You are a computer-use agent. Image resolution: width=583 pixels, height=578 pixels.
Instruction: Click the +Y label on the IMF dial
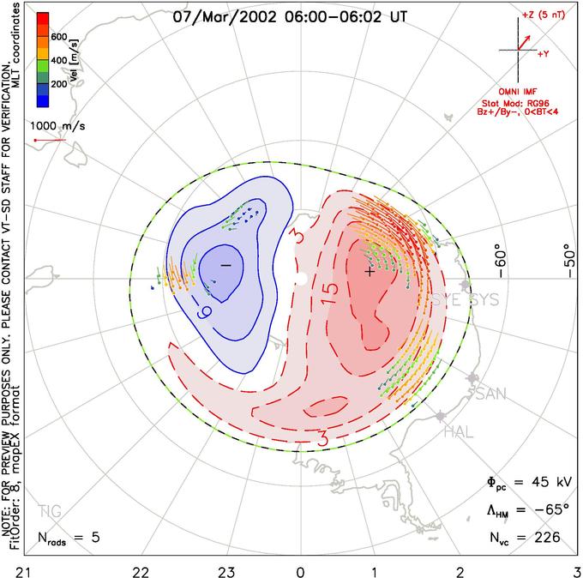[544, 53]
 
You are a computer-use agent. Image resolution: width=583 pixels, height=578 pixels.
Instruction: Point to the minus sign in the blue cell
[225, 266]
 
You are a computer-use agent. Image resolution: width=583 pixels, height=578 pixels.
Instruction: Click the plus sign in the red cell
[370, 272]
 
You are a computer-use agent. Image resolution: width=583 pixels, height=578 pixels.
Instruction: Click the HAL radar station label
[459, 432]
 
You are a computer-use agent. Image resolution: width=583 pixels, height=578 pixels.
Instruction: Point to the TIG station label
[51, 512]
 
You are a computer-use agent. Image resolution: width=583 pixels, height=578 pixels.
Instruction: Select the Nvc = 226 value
[523, 538]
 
